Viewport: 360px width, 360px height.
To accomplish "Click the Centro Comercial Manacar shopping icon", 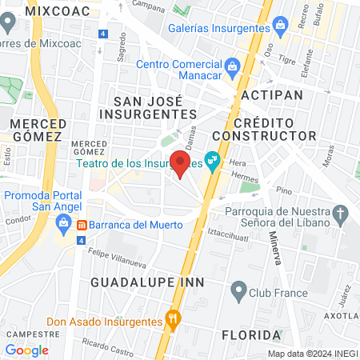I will [233, 65].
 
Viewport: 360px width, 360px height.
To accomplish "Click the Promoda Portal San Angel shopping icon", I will [62, 226].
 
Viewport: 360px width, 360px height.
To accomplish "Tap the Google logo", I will [26, 350].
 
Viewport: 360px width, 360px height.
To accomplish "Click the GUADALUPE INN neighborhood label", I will [147, 283].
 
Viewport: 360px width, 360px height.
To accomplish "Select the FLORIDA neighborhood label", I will [251, 334].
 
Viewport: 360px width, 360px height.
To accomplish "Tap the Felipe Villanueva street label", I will [118, 255].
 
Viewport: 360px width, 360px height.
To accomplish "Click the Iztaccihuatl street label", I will [230, 234].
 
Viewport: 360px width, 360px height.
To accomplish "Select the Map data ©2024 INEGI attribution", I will [311, 354].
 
